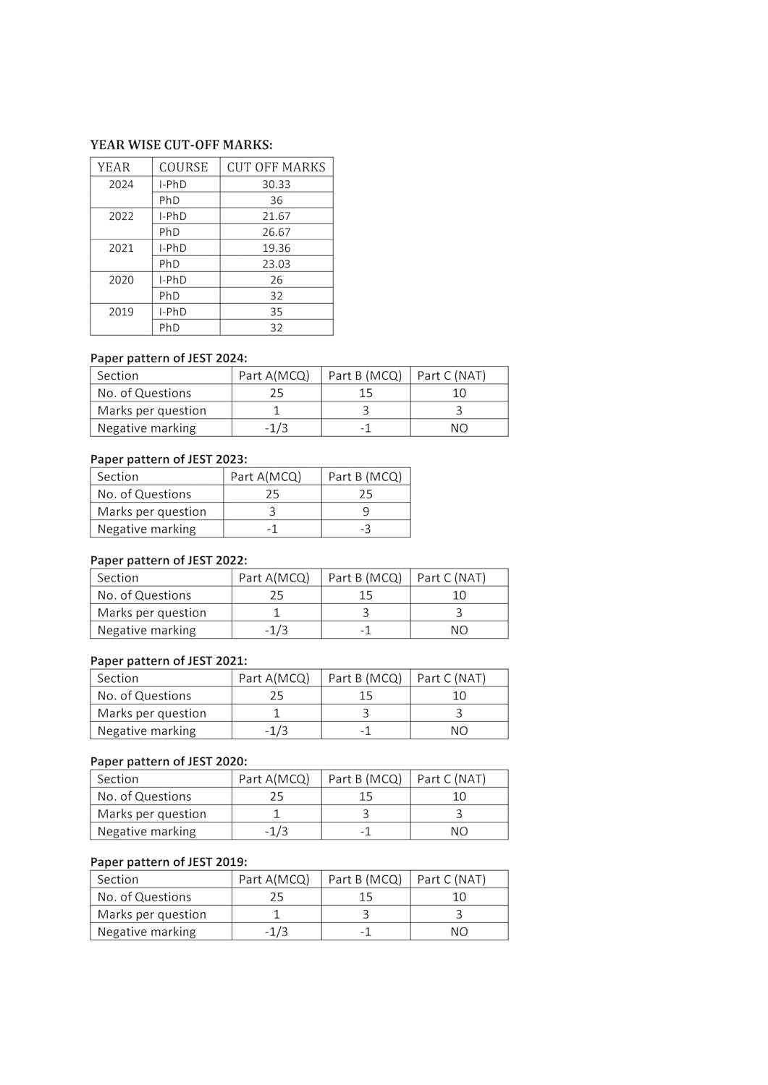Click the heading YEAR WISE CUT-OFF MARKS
(181, 145)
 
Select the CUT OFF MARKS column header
(276, 167)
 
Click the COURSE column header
(183, 167)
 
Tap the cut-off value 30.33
(276, 184)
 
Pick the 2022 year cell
(121, 216)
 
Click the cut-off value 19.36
(276, 248)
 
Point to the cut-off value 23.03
(276, 264)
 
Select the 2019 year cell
(121, 312)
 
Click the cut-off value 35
(276, 312)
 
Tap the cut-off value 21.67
(276, 216)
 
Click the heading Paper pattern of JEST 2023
(169, 459)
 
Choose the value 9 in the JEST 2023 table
(366, 511)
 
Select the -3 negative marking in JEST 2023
(366, 529)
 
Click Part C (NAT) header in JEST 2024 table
(451, 375)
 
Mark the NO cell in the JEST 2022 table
(459, 630)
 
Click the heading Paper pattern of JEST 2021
(169, 660)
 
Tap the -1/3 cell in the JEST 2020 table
(276, 831)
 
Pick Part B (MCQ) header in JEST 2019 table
(365, 880)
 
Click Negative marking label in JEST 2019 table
(146, 932)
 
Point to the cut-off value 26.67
(276, 232)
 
